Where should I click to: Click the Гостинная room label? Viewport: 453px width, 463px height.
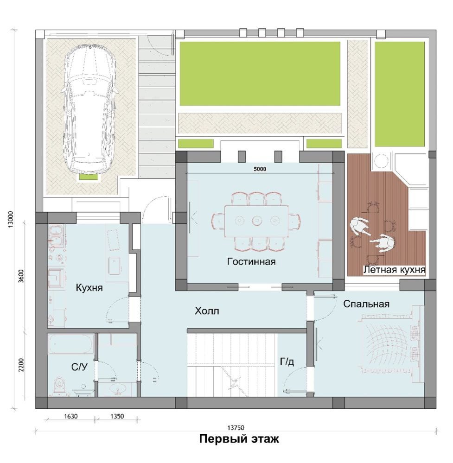pos(251,261)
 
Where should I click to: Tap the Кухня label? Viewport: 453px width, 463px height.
pos(89,288)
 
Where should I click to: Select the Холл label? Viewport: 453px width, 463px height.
pos(207,311)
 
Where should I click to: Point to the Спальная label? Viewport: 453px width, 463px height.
pos(366,304)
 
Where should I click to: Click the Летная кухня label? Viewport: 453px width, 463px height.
pos(394,270)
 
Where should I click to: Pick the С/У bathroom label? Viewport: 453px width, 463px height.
pos(79,367)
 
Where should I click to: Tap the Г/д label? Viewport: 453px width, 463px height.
pos(287,362)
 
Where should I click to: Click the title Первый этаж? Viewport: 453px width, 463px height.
pos(239,439)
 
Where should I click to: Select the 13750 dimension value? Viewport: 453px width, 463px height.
pos(236,428)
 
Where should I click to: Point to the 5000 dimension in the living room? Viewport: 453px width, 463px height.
pos(260,169)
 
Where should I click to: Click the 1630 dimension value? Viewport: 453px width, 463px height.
pos(71,416)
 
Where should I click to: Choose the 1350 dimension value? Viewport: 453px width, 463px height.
pos(117,416)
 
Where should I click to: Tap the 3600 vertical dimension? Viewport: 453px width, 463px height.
pos(21,276)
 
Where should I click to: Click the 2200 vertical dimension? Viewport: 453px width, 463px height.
pos(21,365)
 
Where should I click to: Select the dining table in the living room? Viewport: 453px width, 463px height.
pos(256,221)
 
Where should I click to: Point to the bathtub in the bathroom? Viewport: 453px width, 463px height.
pos(71,344)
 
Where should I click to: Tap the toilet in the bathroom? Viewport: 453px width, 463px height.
pos(59,385)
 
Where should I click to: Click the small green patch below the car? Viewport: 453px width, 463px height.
pos(88,177)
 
